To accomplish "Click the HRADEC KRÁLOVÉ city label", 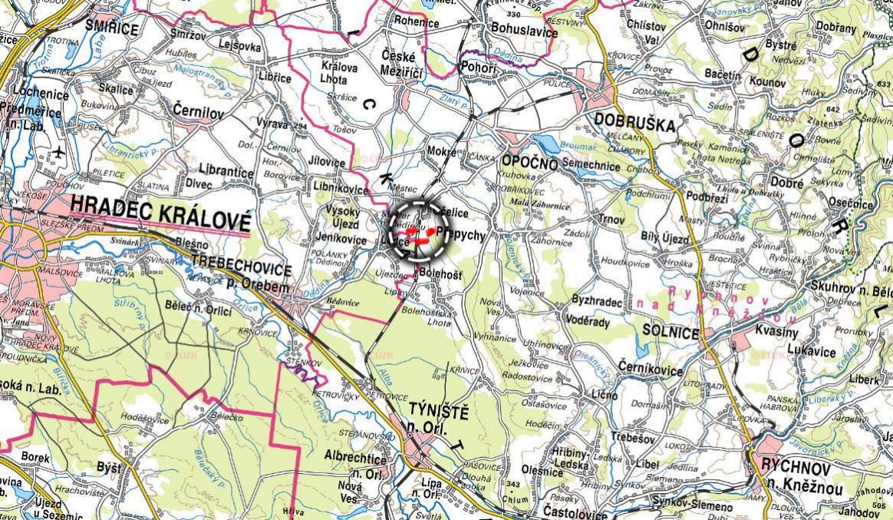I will click(x=160, y=204).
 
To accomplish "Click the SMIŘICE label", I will click(x=111, y=29).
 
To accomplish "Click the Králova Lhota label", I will click(x=339, y=74).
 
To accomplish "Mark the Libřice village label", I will click(x=273, y=78).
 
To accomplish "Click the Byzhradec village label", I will click(x=598, y=301).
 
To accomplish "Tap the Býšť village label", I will click(x=109, y=466).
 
